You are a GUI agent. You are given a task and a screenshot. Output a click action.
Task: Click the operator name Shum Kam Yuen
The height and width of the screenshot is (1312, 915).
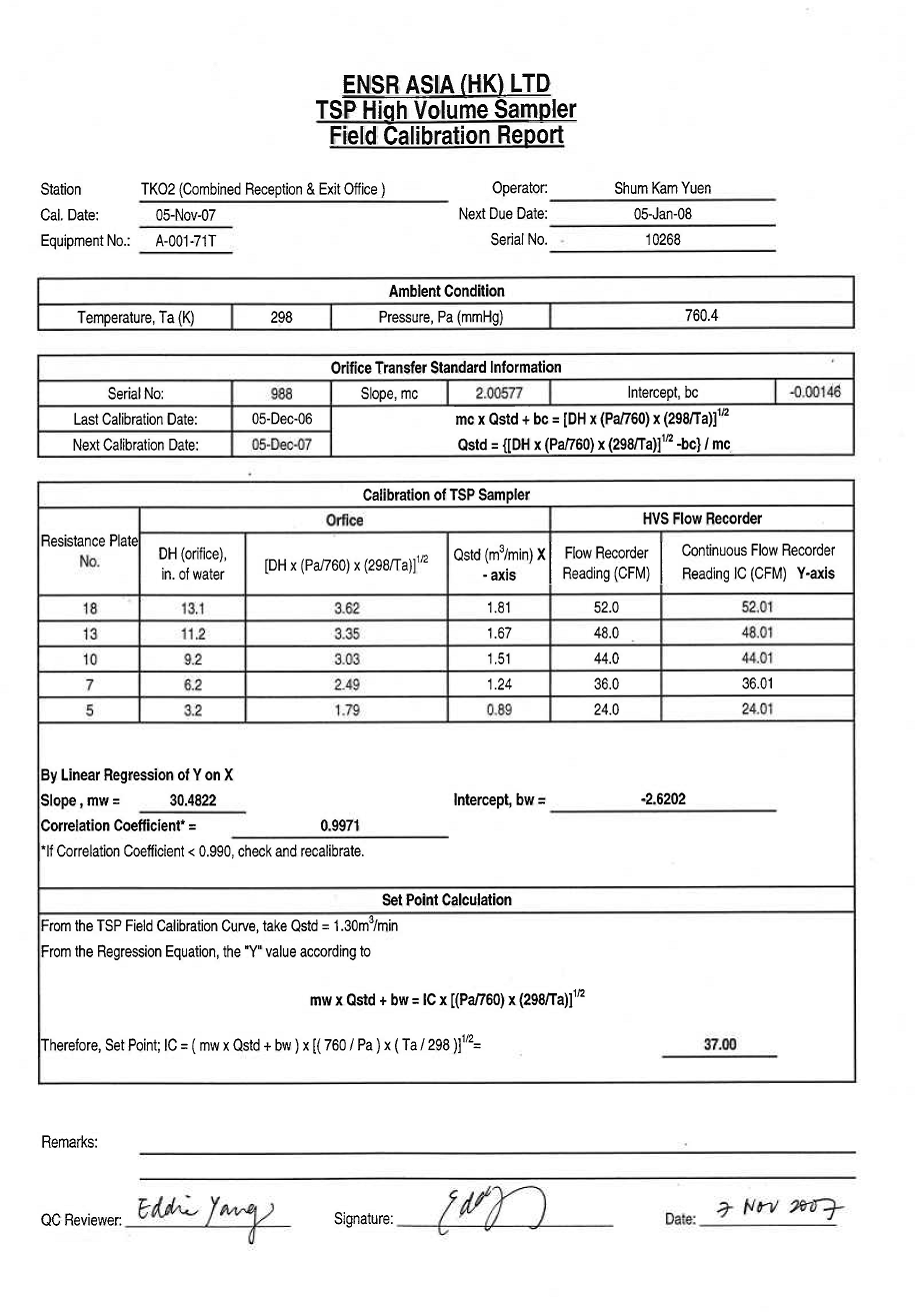(x=663, y=188)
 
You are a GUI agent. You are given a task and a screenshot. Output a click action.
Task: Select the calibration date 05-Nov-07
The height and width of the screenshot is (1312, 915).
(x=186, y=215)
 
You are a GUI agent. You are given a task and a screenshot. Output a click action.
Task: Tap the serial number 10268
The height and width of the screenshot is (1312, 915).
(x=663, y=240)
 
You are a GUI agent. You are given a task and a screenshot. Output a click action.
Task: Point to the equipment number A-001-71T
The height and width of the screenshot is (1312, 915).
(x=186, y=241)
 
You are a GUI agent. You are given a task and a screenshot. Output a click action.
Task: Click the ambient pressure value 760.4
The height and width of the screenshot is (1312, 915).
(x=701, y=316)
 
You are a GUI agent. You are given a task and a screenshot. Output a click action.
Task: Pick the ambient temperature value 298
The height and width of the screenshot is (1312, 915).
(x=281, y=317)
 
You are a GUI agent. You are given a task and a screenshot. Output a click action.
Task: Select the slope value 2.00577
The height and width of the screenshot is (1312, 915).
(x=498, y=393)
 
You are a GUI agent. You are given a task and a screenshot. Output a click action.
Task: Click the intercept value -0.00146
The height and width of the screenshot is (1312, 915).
(x=815, y=392)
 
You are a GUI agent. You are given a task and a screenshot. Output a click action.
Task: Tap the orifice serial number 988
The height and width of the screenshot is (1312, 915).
(x=281, y=394)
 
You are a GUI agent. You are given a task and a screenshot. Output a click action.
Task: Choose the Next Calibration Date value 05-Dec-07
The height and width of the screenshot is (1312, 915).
(x=282, y=444)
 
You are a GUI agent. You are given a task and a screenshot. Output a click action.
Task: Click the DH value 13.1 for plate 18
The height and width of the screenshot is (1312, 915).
(x=192, y=607)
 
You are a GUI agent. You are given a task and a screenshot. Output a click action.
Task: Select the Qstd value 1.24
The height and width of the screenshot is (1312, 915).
(x=499, y=684)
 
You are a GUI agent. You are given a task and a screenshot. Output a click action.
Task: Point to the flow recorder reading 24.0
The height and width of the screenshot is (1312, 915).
(x=605, y=710)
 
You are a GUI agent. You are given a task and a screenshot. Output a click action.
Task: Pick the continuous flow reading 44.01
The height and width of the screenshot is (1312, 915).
(x=757, y=659)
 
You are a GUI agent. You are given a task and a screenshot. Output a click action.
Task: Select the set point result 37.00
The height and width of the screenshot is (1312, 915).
(x=720, y=1044)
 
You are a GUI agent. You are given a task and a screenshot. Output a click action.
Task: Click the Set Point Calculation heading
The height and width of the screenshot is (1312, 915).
(x=446, y=900)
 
